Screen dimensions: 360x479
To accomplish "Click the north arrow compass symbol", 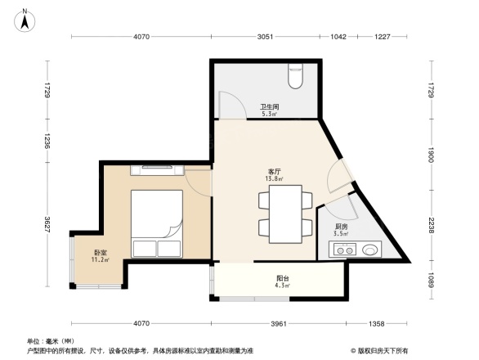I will pos(25,20).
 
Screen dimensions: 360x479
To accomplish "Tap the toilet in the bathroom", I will pos(296,77).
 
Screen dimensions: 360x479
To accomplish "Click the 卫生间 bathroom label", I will pos(270,108).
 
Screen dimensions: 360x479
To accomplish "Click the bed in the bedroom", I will pos(156,224).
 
